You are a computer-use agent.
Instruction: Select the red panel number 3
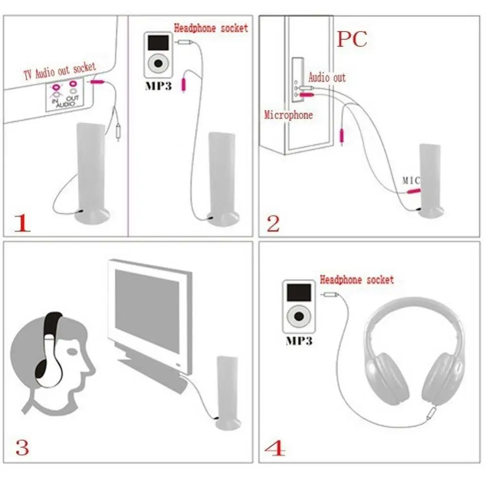tap(22, 447)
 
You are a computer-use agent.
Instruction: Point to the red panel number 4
tap(276, 448)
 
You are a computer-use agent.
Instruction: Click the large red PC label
tap(352, 39)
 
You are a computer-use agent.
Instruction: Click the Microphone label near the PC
tap(288, 115)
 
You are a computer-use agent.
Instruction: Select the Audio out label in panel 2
tap(327, 77)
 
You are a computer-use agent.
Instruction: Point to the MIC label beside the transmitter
tap(411, 180)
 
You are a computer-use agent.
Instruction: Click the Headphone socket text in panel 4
tap(356, 280)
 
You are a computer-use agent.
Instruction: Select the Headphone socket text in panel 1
tap(211, 28)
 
